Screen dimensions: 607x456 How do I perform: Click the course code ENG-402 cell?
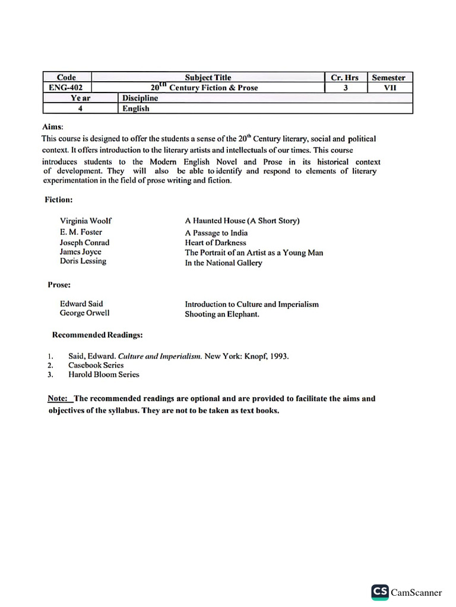click(66, 88)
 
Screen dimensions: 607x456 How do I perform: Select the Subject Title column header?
click(208, 78)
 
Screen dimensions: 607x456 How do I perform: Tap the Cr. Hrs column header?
click(345, 78)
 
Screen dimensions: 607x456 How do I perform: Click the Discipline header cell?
click(140, 98)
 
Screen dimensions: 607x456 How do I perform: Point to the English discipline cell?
click(136, 108)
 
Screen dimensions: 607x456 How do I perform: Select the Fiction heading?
click(59, 200)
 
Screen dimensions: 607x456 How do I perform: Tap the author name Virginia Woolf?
click(85, 221)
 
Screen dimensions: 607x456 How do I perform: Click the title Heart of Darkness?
click(216, 242)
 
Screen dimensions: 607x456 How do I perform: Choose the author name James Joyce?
click(80, 252)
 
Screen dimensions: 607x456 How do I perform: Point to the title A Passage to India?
click(216, 233)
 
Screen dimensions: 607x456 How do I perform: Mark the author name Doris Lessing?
click(83, 261)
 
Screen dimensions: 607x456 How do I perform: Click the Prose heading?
click(59, 285)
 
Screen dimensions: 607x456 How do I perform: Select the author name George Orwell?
click(84, 313)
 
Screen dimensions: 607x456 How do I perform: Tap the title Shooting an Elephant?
click(222, 314)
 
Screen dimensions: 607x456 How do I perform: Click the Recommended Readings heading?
click(97, 335)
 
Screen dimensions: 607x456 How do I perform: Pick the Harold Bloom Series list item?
click(104, 375)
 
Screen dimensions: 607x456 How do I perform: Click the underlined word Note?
click(57, 398)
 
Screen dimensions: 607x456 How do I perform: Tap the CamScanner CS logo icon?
click(380, 593)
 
